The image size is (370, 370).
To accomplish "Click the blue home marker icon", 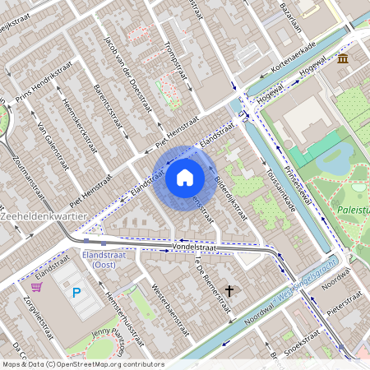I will (185, 178).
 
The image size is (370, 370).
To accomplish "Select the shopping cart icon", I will (36, 287).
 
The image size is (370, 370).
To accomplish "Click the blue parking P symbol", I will (77, 292).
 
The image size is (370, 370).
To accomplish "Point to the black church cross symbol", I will (229, 290).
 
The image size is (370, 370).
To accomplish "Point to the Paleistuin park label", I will (353, 210).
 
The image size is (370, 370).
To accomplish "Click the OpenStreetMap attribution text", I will (82, 364).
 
